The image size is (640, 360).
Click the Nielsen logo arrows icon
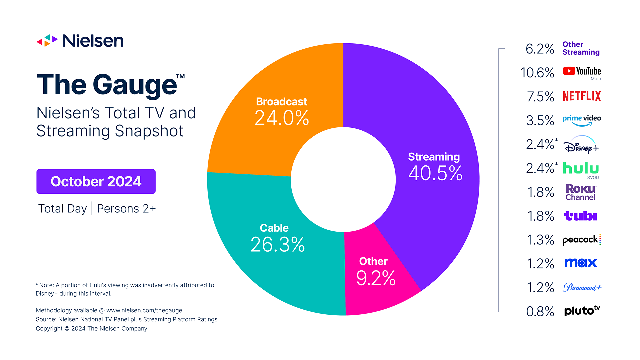[47, 41]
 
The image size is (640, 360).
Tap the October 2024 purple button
[96, 181]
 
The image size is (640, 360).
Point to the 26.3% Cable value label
[277, 245]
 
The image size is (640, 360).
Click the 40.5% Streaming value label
[435, 173]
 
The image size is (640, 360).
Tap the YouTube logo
[582, 71]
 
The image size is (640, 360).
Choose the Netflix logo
[582, 96]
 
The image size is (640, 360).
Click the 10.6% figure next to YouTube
[537, 73]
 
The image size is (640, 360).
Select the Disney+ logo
[581, 145]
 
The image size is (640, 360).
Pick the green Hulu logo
[580, 168]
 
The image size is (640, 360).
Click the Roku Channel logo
[580, 192]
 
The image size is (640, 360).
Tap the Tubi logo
[580, 216]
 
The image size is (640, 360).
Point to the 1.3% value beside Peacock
[540, 240]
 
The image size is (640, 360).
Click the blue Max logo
[580, 263]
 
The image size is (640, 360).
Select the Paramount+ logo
[582, 287]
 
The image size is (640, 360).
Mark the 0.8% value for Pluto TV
[540, 312]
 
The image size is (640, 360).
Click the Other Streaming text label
[581, 48]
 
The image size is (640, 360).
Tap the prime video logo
[582, 120]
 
